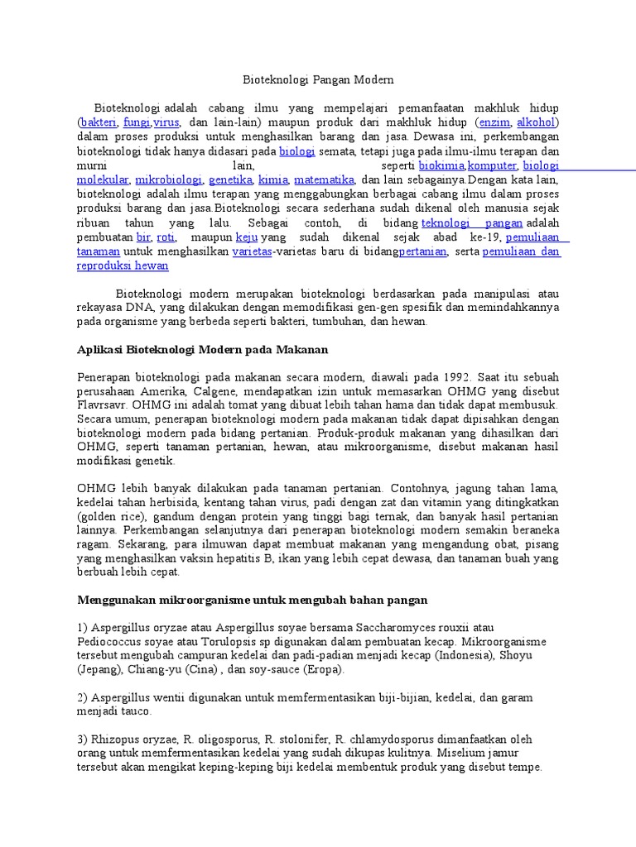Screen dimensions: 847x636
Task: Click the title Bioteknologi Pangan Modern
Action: click(x=318, y=80)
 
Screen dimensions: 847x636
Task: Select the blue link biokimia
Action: click(x=441, y=165)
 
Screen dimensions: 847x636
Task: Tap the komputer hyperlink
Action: click(x=493, y=165)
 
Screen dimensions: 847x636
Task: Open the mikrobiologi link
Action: click(x=168, y=179)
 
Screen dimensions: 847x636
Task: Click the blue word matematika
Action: click(x=324, y=179)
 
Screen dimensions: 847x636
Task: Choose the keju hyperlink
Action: click(x=247, y=237)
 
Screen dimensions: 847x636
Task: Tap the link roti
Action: click(x=166, y=237)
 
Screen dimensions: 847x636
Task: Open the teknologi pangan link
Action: click(x=472, y=223)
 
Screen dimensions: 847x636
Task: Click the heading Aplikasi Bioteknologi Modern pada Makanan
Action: click(x=203, y=350)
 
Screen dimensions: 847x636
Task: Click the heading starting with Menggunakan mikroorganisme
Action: click(x=252, y=599)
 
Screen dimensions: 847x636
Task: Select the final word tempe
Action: click(x=527, y=767)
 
